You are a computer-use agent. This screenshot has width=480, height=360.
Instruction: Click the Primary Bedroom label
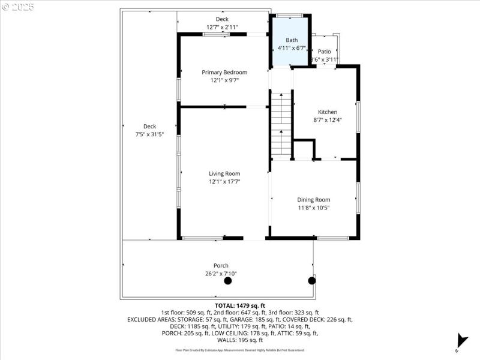(224, 72)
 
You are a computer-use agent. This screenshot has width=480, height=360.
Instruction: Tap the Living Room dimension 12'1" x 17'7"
(224, 182)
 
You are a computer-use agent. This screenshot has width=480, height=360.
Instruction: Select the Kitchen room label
(328, 112)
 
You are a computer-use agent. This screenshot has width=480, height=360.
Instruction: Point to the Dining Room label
(313, 200)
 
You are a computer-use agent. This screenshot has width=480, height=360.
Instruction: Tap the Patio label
(324, 52)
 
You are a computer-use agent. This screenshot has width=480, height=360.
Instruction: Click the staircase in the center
(280, 126)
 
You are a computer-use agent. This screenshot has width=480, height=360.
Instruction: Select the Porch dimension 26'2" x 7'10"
(221, 274)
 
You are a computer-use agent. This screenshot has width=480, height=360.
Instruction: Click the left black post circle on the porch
(227, 281)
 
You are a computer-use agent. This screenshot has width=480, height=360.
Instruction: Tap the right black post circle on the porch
(311, 280)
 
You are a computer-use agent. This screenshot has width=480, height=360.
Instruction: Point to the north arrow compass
(461, 340)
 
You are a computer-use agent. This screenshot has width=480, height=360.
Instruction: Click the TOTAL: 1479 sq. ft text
(239, 305)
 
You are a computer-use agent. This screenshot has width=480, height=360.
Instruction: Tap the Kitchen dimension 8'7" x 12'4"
(328, 119)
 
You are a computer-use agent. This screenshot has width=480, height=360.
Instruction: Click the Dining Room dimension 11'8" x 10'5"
(313, 208)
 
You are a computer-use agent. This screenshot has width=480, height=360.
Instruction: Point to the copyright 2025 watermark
(18, 7)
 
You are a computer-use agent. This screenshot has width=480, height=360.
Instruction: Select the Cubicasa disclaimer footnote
(239, 350)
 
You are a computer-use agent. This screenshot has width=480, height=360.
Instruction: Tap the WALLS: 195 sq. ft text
(239, 340)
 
